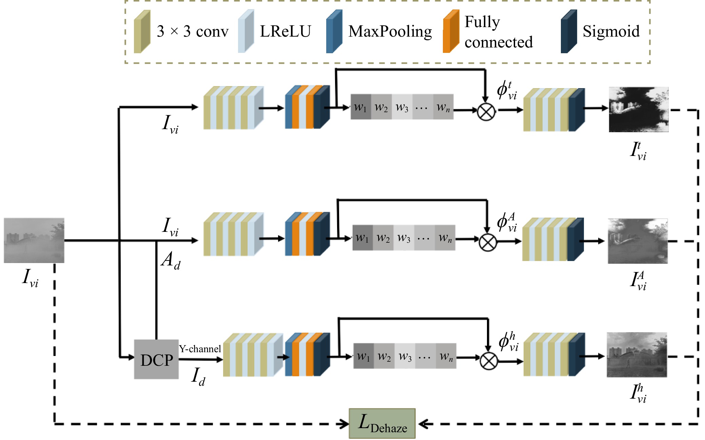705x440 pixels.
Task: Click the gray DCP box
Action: tap(156, 359)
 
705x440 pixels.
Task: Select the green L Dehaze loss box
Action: tap(382, 423)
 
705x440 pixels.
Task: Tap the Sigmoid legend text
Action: tap(611, 31)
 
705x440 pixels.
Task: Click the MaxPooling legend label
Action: tap(390, 31)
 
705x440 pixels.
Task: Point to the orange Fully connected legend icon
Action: tap(451, 31)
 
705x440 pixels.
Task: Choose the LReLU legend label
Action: tap(285, 31)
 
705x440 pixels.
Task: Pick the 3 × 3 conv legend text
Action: tap(192, 31)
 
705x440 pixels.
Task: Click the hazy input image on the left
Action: tap(34, 240)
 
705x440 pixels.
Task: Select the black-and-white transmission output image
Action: tap(639, 109)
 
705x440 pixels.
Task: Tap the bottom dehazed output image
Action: tap(637, 355)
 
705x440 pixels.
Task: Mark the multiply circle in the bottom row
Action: tap(489, 361)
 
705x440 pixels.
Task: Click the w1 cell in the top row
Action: tap(360, 107)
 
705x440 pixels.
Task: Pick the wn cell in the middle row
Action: tap(445, 238)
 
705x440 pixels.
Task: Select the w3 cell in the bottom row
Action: tap(405, 356)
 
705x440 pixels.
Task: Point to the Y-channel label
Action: tap(200, 349)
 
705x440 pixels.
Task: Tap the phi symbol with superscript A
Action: tap(507, 222)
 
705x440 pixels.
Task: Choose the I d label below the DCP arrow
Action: tap(198, 376)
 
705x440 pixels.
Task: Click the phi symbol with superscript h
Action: tap(508, 341)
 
